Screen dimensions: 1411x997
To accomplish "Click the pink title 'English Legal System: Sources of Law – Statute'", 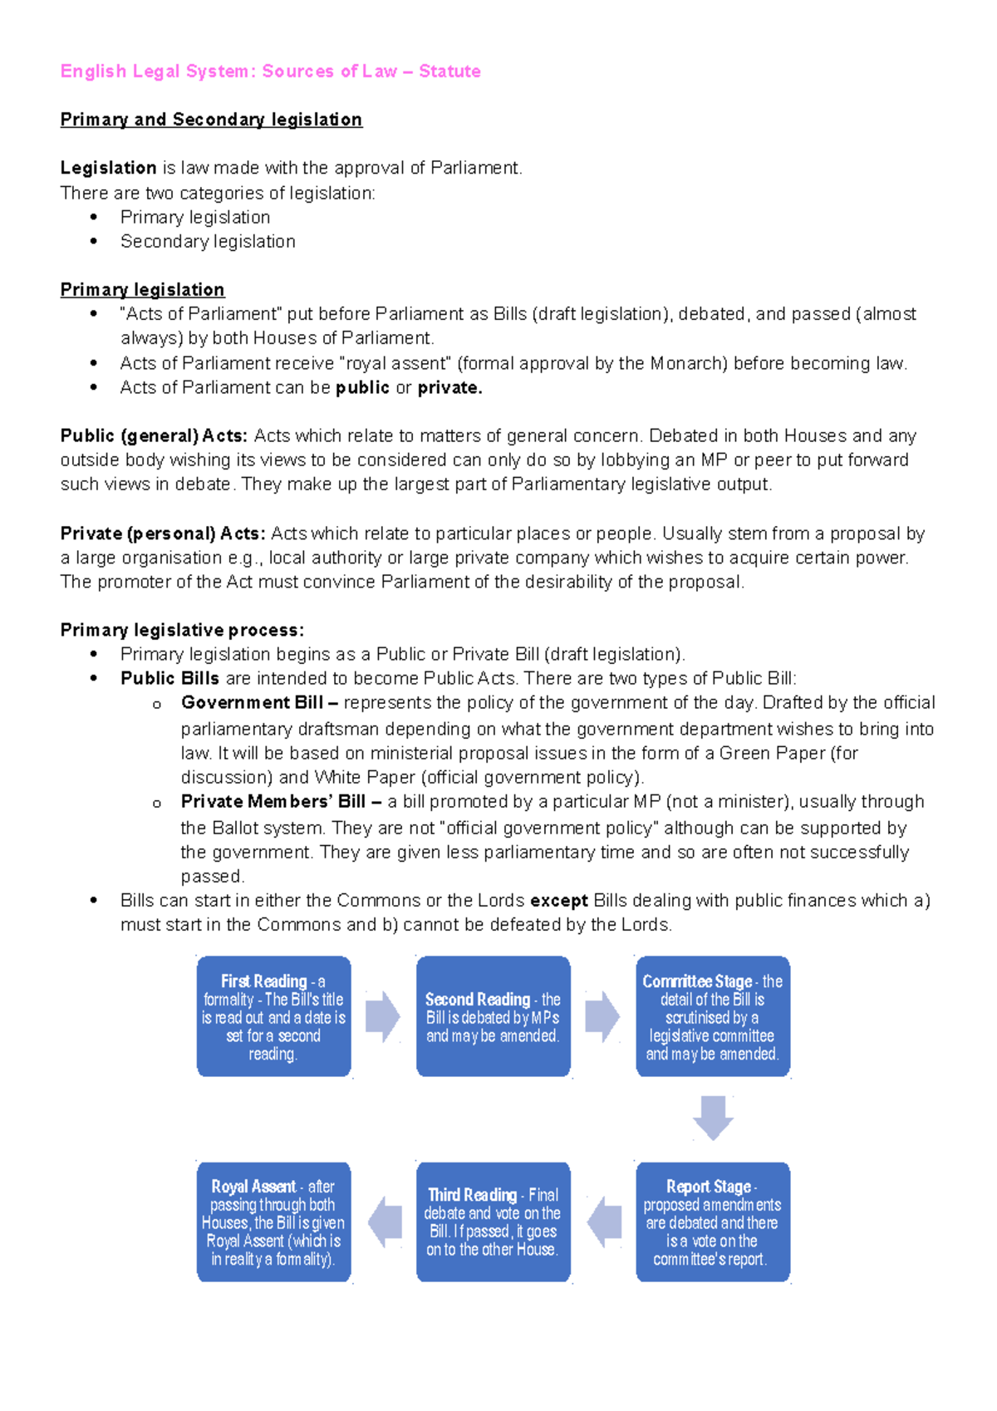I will click(270, 71).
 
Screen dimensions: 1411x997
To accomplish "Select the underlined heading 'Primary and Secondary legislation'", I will click(211, 120).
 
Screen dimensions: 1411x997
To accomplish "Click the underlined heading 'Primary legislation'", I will click(142, 290).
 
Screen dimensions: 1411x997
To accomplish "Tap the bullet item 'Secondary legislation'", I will click(208, 242).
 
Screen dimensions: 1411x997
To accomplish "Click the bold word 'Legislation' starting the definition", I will click(108, 168).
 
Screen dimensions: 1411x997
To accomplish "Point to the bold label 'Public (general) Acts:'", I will click(154, 436).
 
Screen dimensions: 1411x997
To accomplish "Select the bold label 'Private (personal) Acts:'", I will click(163, 533).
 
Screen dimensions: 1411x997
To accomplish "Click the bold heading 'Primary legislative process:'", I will click(182, 630).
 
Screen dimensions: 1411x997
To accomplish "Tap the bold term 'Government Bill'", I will click(252, 703).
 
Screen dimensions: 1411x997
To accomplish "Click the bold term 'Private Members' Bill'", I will click(273, 802).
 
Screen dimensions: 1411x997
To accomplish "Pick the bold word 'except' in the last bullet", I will click(559, 901).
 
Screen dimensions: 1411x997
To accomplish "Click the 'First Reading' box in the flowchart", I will click(273, 1016).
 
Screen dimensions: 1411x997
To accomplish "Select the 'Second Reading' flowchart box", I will click(493, 1016).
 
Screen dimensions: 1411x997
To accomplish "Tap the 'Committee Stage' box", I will click(712, 1016).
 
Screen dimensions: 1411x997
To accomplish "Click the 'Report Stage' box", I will click(712, 1222).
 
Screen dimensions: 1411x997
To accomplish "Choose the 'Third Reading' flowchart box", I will click(493, 1222).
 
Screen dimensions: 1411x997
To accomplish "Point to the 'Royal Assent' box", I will click(273, 1222).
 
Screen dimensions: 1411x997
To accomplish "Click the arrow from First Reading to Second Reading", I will click(383, 1016).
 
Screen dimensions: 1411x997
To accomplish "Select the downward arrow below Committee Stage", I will click(713, 1118).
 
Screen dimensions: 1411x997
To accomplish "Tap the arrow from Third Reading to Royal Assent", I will click(385, 1222).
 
